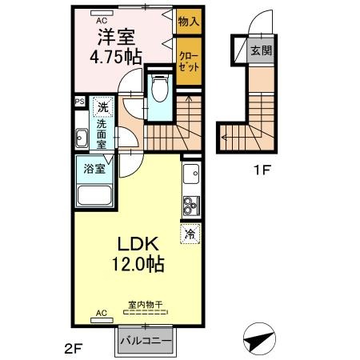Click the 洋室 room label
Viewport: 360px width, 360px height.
116,37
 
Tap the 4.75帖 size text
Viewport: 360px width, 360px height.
116,57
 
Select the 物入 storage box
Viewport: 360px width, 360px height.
189,22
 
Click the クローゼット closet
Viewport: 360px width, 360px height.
189,62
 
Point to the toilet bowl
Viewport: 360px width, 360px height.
160,88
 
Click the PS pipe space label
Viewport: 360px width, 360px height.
80,102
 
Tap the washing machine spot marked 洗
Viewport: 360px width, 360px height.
103,106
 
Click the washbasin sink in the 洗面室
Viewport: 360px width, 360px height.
82,138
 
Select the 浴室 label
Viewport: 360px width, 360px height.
94,169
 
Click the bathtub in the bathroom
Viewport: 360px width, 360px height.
94,195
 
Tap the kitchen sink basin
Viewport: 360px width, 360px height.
191,174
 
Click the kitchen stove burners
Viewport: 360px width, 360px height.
191,206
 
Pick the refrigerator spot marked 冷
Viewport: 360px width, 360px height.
190,234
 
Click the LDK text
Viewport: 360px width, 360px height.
138,244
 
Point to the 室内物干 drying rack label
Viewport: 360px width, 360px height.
146,305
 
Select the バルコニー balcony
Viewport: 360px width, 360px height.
146,341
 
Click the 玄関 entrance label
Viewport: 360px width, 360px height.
262,50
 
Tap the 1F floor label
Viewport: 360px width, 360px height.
262,170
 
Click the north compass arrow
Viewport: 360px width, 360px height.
259,339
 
